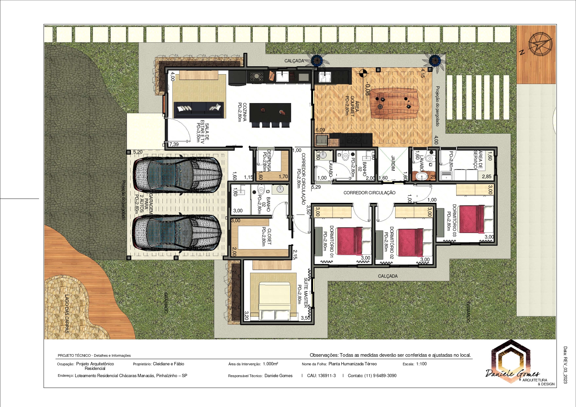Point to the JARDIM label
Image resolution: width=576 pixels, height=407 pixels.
tap(393, 163)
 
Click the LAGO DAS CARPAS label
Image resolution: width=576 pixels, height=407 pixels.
tap(67, 314)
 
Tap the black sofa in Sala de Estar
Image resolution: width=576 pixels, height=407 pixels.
tap(199, 109)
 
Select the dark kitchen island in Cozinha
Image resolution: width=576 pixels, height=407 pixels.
tap(270, 112)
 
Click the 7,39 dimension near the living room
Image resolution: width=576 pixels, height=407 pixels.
tap(174, 144)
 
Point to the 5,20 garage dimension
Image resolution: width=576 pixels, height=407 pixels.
tap(138, 152)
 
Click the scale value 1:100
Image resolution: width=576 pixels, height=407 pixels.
tap(421, 364)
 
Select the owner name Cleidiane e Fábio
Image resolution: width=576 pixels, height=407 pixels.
tap(168, 364)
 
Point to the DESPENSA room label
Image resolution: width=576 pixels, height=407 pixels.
tap(268, 161)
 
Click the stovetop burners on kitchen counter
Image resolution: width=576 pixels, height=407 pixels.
tap(257, 77)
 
